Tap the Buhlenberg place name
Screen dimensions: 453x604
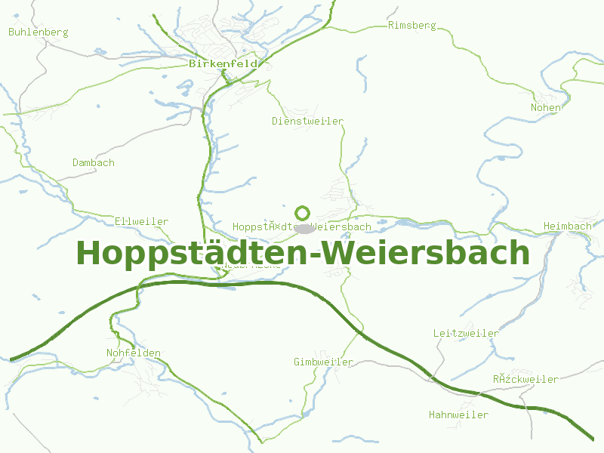point(39,32)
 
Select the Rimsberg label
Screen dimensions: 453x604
point(411,25)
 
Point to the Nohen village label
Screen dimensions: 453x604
point(546,107)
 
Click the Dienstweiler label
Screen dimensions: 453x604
point(307,121)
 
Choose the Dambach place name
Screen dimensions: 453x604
point(94,162)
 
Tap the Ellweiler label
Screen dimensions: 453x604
point(141,221)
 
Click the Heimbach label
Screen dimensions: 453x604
point(568,226)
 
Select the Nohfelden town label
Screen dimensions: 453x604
point(134,353)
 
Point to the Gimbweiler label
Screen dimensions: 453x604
point(323,362)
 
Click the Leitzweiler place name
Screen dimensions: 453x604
point(466,333)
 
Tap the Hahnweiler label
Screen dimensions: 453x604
point(458,414)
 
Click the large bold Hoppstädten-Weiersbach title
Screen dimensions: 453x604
point(303,253)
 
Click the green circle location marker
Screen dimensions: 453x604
point(303,213)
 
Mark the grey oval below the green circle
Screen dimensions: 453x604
point(304,228)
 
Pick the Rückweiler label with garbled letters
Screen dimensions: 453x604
point(525,379)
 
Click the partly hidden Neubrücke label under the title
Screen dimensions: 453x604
point(251,266)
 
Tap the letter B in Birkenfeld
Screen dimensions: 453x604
point(193,64)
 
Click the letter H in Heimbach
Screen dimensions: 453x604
point(547,226)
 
